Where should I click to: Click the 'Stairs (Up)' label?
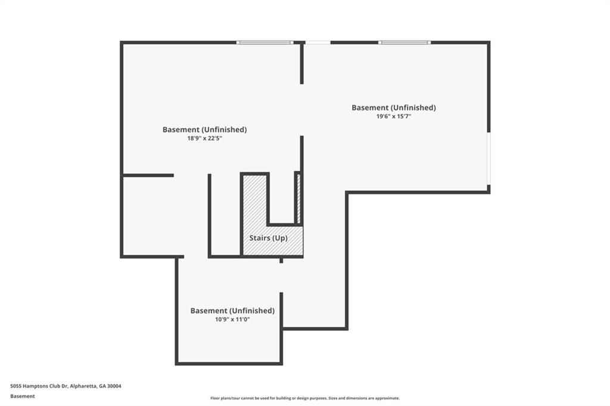pos(269,238)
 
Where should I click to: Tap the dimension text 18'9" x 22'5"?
pos(205,138)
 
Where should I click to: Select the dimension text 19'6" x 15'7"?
pos(394,116)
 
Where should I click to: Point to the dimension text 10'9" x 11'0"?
pos(232,319)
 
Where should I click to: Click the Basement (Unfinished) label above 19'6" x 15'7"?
pos(394,108)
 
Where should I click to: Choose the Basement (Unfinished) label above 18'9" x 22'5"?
pos(205,130)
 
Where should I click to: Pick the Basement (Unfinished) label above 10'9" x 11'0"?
pos(232,311)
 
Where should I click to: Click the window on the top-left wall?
pos(265,42)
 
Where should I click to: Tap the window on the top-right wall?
pos(404,42)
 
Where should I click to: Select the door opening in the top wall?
pos(318,42)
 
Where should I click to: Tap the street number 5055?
pos(15,386)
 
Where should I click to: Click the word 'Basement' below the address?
pos(23,396)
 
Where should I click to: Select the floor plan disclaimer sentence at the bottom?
pos(305,398)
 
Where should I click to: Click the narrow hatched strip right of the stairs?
pos(299,199)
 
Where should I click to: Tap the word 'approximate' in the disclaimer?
pos(387,398)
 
